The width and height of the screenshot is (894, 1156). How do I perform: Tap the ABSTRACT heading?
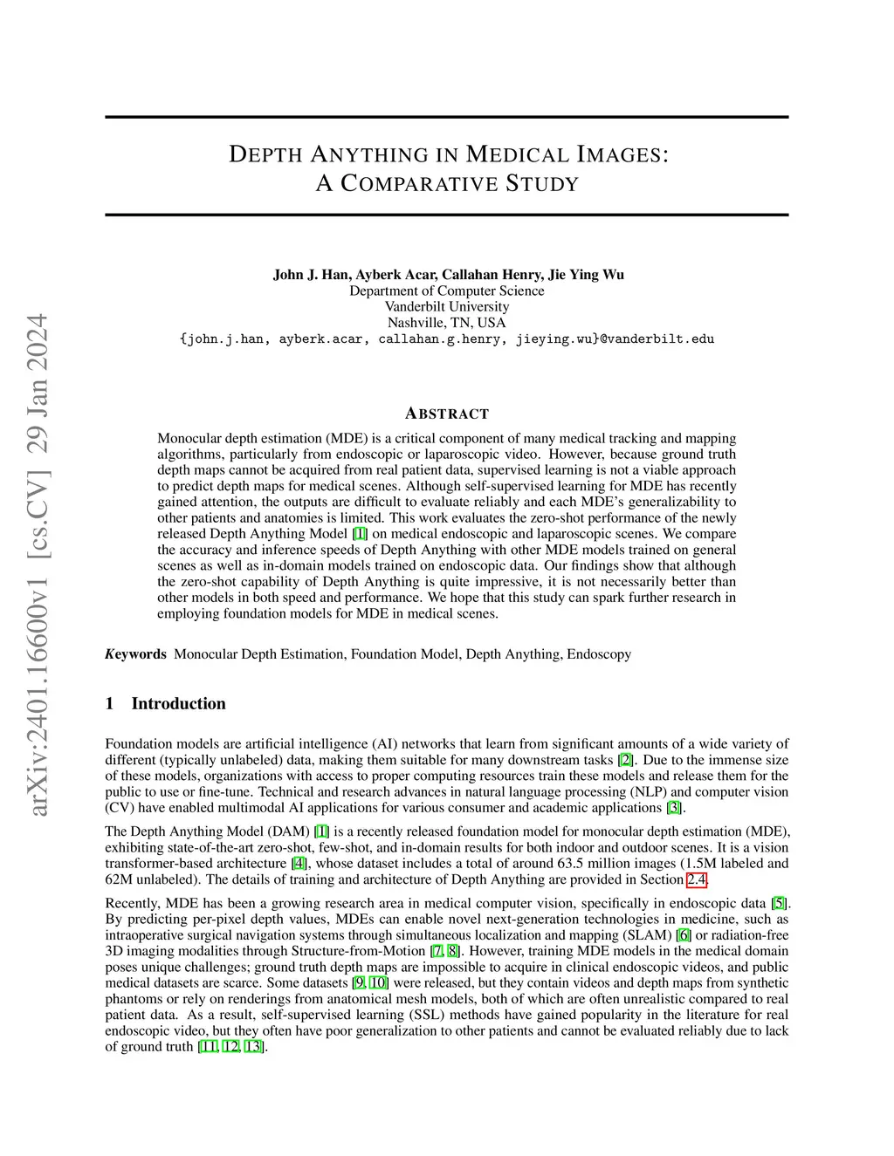click(x=447, y=414)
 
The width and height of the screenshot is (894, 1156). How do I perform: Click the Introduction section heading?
click(x=178, y=703)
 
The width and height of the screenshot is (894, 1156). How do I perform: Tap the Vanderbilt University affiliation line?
click(x=447, y=307)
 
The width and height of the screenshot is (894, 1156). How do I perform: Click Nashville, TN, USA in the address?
click(x=447, y=323)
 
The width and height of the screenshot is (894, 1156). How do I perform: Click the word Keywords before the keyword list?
click(x=135, y=654)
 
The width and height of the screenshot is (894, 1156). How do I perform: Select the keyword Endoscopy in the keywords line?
click(x=599, y=654)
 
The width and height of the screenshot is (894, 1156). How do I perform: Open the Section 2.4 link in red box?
click(x=696, y=879)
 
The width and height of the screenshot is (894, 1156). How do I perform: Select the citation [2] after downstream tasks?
click(x=625, y=760)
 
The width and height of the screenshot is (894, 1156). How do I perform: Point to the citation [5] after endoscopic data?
click(x=779, y=903)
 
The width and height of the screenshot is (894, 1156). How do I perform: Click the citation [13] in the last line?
click(x=253, y=1047)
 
